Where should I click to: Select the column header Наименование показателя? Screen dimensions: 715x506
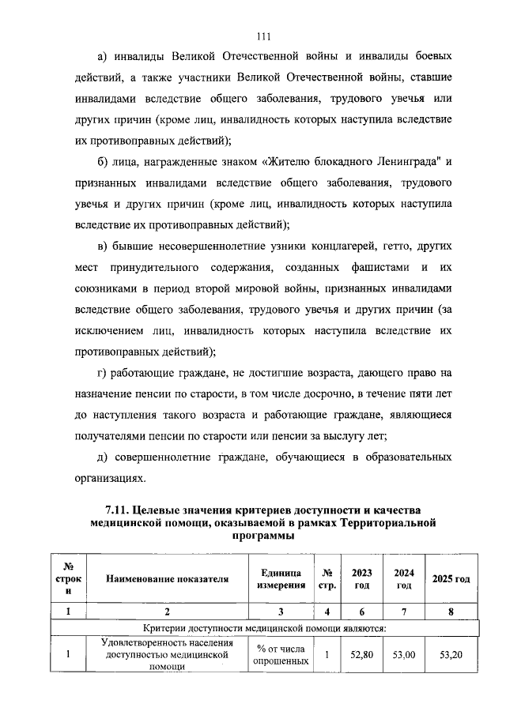[168, 579]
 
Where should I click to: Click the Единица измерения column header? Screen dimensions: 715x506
[280, 579]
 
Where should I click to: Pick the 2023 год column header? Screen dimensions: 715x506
[361, 579]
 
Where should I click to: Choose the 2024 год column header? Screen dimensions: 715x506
[403, 579]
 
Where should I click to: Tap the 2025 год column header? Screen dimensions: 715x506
[451, 579]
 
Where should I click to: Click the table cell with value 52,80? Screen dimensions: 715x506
[361, 654]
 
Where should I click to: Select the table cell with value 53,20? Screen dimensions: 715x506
[451, 654]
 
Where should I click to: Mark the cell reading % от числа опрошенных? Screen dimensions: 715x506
[280, 654]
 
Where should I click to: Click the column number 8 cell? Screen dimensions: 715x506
[451, 611]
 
